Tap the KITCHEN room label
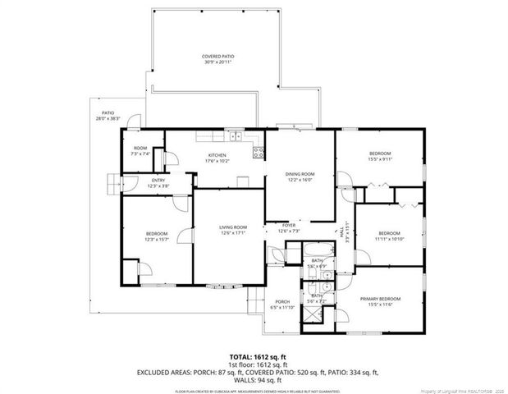point(217,155)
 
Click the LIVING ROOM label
point(232,227)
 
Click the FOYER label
point(289,225)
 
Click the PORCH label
point(282,302)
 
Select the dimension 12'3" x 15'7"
point(156,239)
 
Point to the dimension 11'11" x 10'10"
point(389,239)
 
